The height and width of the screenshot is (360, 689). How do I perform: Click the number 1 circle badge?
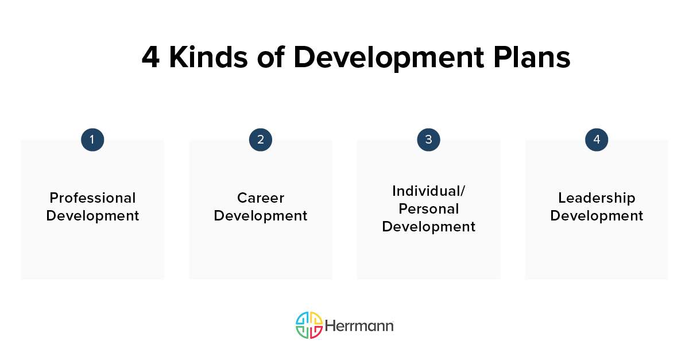pyautogui.click(x=92, y=140)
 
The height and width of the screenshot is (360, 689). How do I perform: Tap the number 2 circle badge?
pyautogui.click(x=260, y=140)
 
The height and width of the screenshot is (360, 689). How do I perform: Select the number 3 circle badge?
pyautogui.click(x=428, y=140)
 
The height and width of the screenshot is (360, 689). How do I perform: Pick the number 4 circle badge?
pyautogui.click(x=597, y=140)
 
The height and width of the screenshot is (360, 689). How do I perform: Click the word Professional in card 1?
pyautogui.click(x=92, y=198)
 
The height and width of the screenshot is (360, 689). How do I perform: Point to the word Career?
pyautogui.click(x=260, y=198)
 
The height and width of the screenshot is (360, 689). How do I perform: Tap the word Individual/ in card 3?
pyautogui.click(x=428, y=191)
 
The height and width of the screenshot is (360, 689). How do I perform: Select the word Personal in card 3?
pyautogui.click(x=428, y=208)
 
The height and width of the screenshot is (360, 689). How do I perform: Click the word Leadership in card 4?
pyautogui.click(x=597, y=198)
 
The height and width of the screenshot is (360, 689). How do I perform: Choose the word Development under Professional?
pyautogui.click(x=92, y=216)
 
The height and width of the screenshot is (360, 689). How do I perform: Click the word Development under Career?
pyautogui.click(x=260, y=216)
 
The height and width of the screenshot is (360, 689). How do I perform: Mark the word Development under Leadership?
pyautogui.click(x=597, y=216)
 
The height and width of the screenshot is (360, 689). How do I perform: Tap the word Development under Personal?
pyautogui.click(x=428, y=227)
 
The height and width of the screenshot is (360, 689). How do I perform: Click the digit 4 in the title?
pyautogui.click(x=150, y=58)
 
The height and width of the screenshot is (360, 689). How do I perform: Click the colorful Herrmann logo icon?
pyautogui.click(x=309, y=326)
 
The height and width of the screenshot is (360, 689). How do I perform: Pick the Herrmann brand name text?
pyautogui.click(x=359, y=326)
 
